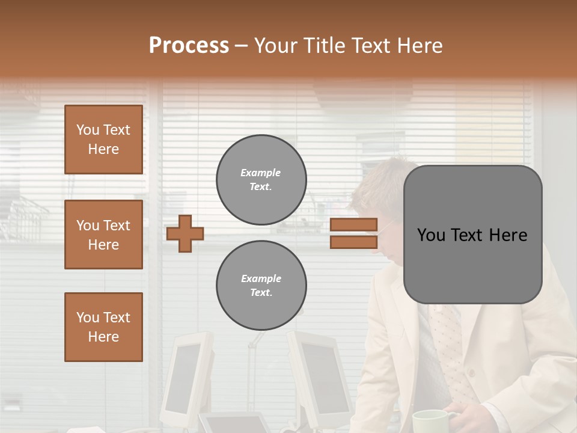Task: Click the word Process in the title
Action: [x=189, y=46]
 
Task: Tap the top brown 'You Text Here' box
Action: [x=103, y=140]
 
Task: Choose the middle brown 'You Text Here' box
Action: [x=103, y=235]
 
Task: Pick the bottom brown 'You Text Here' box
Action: [x=103, y=327]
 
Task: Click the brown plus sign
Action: [x=185, y=233]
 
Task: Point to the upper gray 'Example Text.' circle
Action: [x=261, y=180]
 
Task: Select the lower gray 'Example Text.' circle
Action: [x=261, y=285]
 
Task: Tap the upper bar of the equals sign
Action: [x=353, y=224]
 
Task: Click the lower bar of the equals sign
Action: [x=353, y=242]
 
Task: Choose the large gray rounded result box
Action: [x=472, y=234]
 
